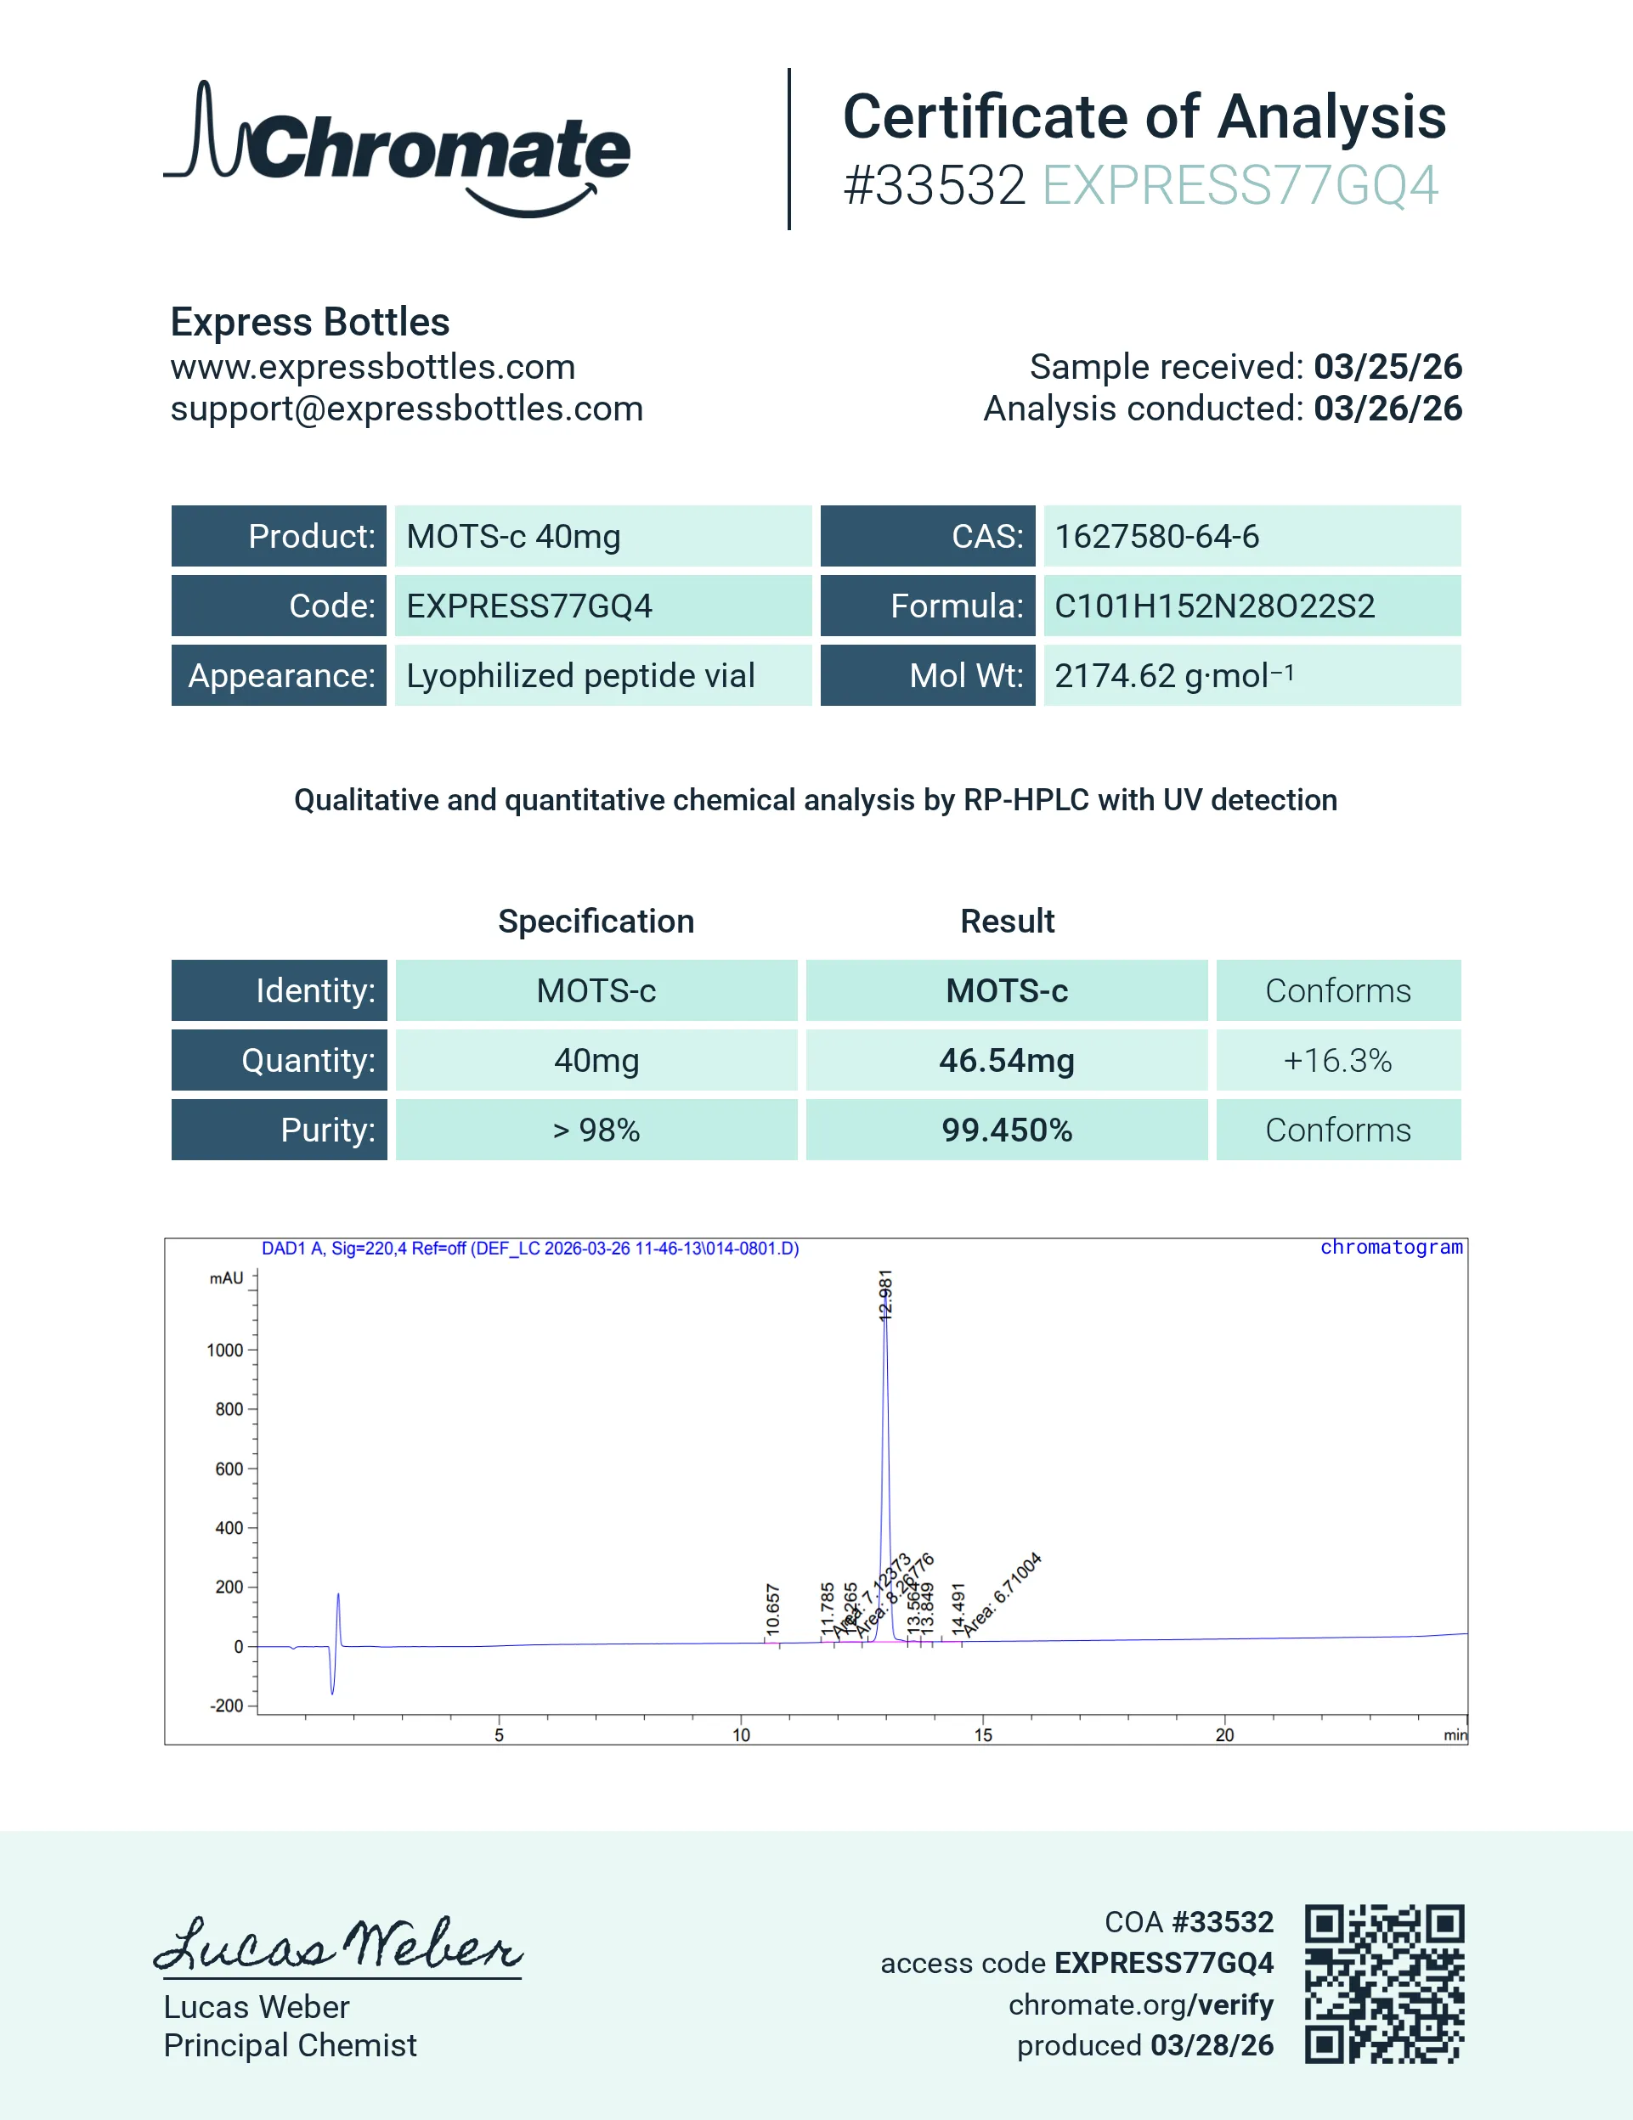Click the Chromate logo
tap(396, 149)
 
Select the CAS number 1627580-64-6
tap(1156, 537)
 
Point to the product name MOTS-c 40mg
tap(512, 537)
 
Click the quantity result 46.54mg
tap(1006, 1060)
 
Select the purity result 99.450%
tap(1006, 1130)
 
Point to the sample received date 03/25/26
tap(1387, 367)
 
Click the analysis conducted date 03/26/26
tap(1387, 409)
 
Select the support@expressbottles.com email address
tap(406, 409)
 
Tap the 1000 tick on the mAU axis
tap(225, 1350)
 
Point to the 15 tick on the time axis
tap(982, 1734)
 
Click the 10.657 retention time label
tap(773, 1610)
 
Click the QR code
tap(1383, 1983)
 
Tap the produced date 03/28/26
tap(1212, 2045)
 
